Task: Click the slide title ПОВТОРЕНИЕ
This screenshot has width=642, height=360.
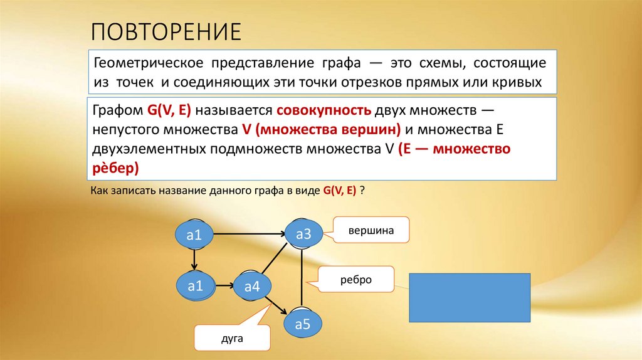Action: tap(167, 31)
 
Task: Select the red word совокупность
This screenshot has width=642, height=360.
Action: tap(323, 110)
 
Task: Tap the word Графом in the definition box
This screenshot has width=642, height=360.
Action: tap(117, 110)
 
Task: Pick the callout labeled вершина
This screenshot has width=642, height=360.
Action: tap(371, 230)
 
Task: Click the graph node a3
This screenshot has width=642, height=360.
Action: tap(303, 235)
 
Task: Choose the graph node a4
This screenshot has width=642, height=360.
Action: tap(252, 287)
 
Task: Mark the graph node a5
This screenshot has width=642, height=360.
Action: tap(303, 324)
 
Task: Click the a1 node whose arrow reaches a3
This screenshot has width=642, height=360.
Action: tap(194, 236)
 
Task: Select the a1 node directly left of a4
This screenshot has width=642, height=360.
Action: tap(196, 287)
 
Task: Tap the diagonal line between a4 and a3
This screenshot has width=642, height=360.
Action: tap(276, 262)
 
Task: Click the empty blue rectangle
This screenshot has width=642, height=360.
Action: tap(470, 297)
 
